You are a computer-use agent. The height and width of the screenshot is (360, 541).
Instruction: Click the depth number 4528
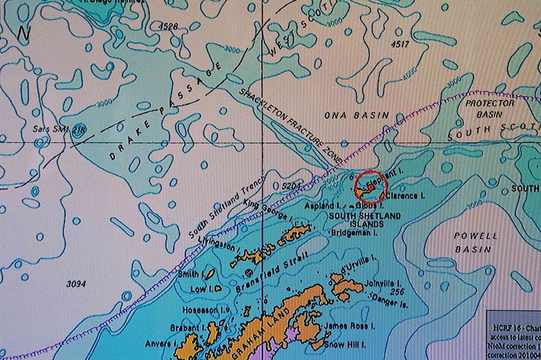tap(168, 26)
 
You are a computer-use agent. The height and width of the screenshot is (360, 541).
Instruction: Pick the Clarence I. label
tap(406, 195)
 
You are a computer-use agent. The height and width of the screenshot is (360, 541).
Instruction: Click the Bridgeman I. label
tap(352, 232)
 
